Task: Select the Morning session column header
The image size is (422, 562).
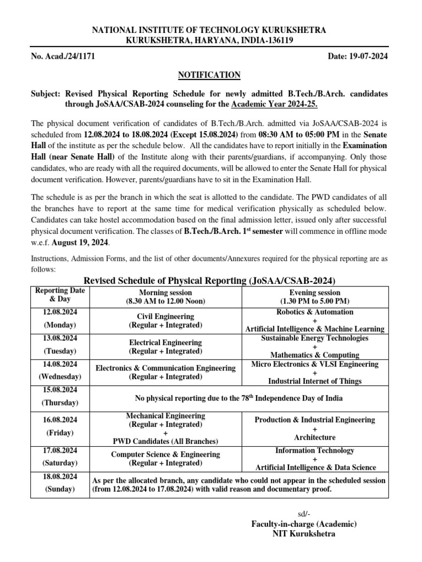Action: point(165,297)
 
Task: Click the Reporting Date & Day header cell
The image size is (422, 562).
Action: point(60,295)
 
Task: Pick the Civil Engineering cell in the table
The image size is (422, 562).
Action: point(165,321)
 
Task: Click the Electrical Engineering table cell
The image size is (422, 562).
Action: point(165,347)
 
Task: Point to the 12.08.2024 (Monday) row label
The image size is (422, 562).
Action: point(60,318)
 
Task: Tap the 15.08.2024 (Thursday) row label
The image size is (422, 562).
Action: point(60,396)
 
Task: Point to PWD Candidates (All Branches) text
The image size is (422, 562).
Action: point(165,441)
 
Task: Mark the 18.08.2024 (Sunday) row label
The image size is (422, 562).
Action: point(60,482)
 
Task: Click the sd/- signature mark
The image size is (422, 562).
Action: point(303,514)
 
